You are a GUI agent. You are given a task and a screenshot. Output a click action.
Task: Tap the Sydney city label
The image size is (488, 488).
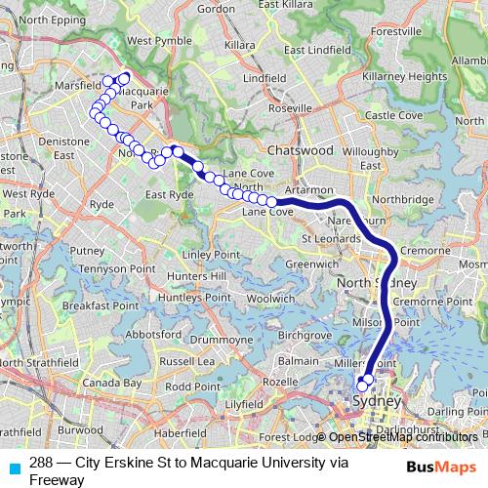tap(377, 402)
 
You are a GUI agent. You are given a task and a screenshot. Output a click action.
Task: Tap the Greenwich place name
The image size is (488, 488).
tap(310, 264)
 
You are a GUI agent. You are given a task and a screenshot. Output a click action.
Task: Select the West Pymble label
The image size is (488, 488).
tap(153, 41)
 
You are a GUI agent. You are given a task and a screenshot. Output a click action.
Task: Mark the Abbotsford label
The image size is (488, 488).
tap(153, 331)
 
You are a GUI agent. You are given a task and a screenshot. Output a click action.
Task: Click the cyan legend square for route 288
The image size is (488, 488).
tap(14, 467)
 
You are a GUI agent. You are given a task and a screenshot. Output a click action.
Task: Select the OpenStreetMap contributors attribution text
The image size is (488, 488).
tap(403, 436)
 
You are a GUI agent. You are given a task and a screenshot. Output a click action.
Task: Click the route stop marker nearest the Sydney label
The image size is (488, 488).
tap(363, 384)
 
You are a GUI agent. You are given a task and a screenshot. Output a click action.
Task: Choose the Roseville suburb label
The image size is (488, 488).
tap(291, 107)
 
